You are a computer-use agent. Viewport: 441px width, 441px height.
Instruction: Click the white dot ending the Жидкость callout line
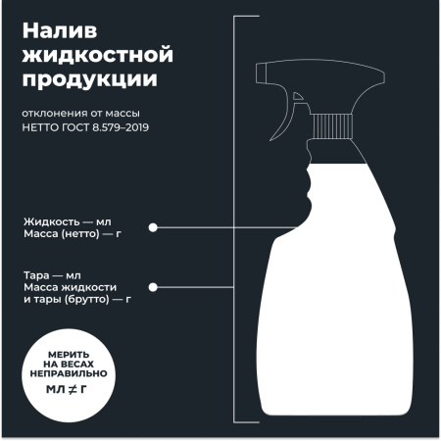point(153,228)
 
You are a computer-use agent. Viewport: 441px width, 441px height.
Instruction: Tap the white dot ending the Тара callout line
point(153,286)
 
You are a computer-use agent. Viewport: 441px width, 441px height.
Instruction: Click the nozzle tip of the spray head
point(259,73)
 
